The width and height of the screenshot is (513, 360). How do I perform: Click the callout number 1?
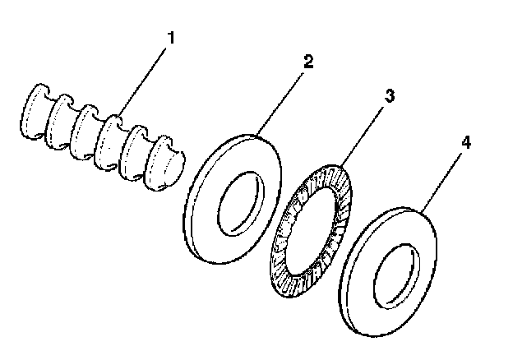171,38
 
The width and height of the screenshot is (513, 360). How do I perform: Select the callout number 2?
308,62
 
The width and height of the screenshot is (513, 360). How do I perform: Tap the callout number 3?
390,95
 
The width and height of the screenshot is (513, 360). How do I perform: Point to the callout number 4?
466,143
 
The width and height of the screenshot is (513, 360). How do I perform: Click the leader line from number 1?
143,81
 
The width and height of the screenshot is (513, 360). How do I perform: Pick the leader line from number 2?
280,104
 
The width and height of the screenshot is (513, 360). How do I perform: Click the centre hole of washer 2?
241,203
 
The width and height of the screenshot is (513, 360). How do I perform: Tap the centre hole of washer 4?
396,276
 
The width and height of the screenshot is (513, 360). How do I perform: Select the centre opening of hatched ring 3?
312,231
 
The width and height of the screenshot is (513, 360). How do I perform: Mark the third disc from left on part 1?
82,132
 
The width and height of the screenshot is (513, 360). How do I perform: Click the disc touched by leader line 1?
109,143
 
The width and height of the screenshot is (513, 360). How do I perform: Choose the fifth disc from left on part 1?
133,153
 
